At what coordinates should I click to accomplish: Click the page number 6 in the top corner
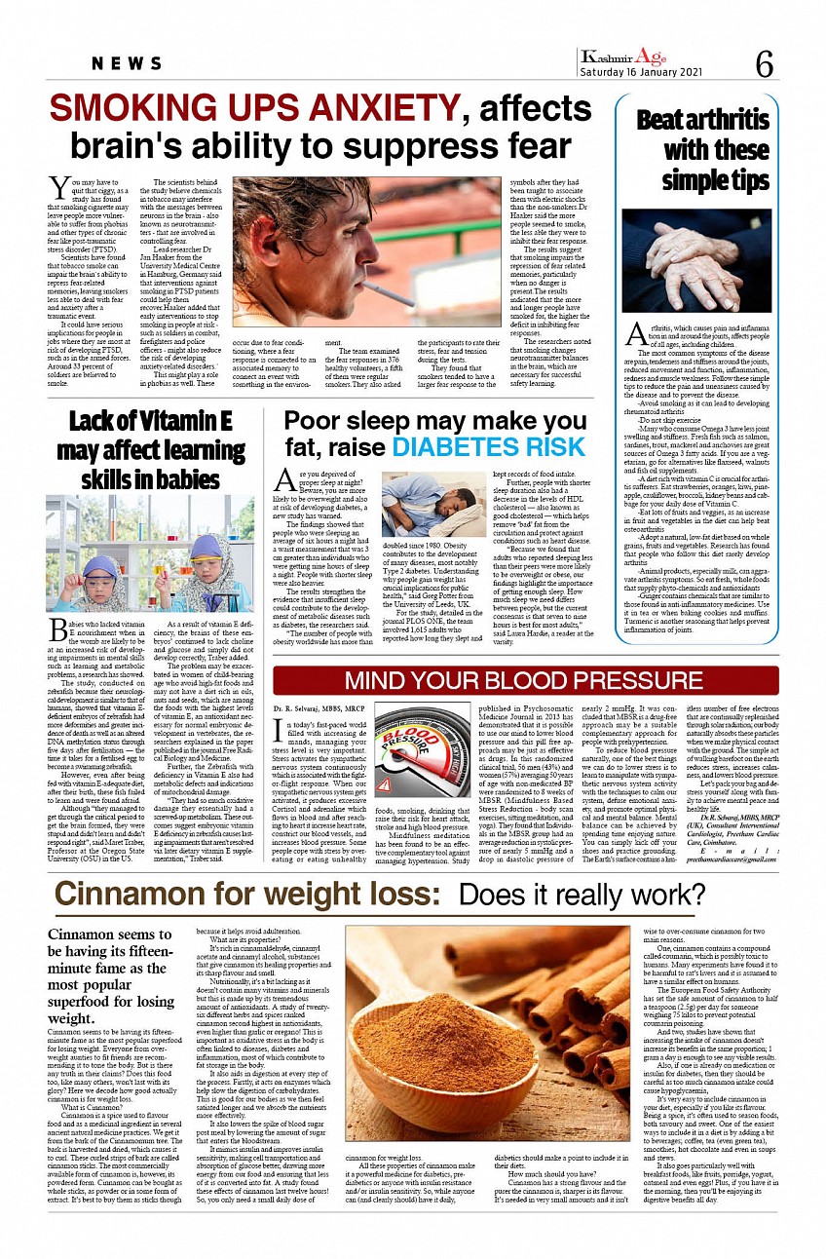point(765,64)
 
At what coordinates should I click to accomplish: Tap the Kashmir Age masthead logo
point(624,57)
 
